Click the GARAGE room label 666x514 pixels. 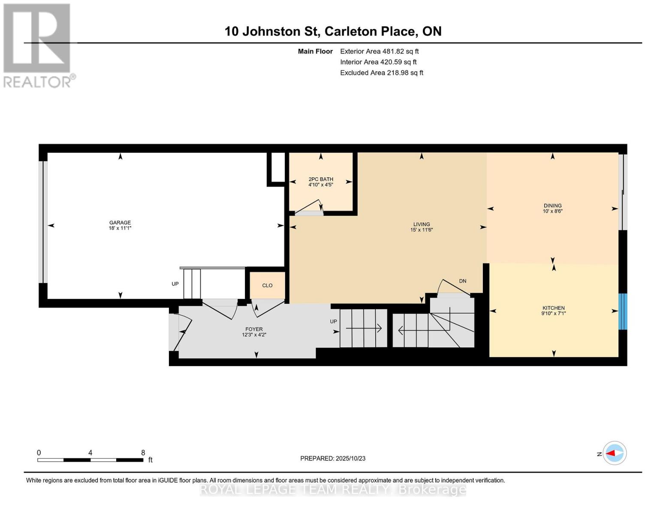120,223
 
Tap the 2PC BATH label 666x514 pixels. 321,179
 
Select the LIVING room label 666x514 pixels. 422,224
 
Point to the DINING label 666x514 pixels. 553,206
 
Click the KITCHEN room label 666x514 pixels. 554,308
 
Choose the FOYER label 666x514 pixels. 254,329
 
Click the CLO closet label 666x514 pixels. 267,286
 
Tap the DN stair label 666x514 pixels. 462,281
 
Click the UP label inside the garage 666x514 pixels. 175,284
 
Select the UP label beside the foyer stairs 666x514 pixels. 334,321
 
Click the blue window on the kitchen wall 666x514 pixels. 623,312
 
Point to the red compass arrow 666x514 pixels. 610,453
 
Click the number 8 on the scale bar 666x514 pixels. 143,452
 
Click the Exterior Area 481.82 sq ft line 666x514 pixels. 379,51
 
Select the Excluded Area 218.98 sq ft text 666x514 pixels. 382,73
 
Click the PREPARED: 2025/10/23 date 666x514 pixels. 333,459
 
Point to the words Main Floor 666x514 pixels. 315,51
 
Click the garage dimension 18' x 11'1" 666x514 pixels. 120,228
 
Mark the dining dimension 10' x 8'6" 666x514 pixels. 553,211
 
